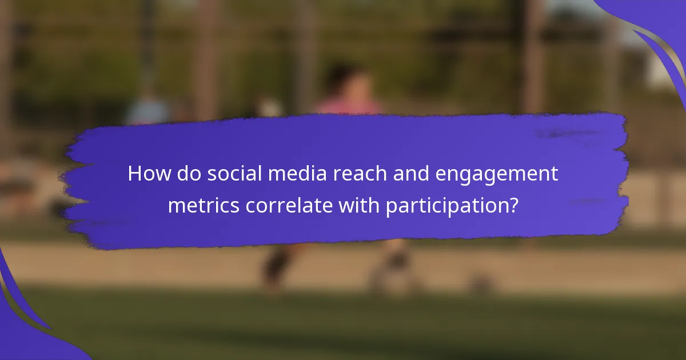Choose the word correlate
[x=289, y=205]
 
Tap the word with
[x=359, y=205]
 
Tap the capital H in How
[x=135, y=173]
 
